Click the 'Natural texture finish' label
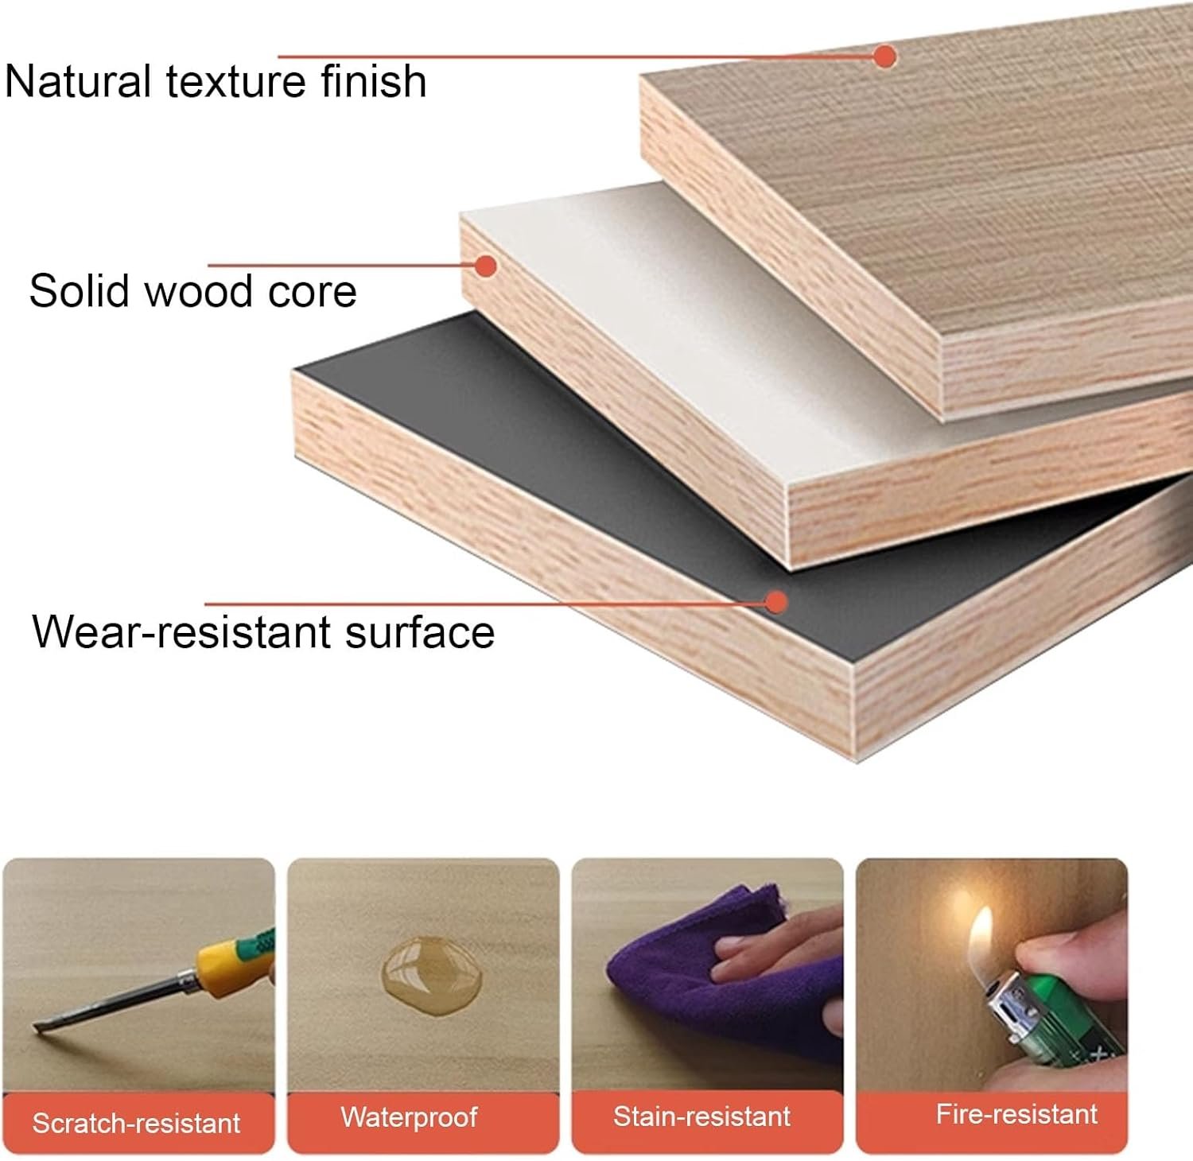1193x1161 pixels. pyautogui.click(x=216, y=81)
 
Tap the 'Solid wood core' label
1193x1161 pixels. pyautogui.click(x=193, y=290)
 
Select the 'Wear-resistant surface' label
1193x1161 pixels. pyautogui.click(x=263, y=631)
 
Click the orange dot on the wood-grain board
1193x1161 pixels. pyautogui.click(x=884, y=56)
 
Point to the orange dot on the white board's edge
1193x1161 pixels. pyautogui.click(x=486, y=265)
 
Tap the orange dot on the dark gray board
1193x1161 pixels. pyautogui.click(x=776, y=601)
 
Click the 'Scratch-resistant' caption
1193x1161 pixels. pyautogui.click(x=136, y=1123)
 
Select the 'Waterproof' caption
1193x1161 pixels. pyautogui.click(x=409, y=1117)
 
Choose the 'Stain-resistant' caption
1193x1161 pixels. pyautogui.click(x=701, y=1116)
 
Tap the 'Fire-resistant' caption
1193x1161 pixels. pyautogui.click(x=1016, y=1114)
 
